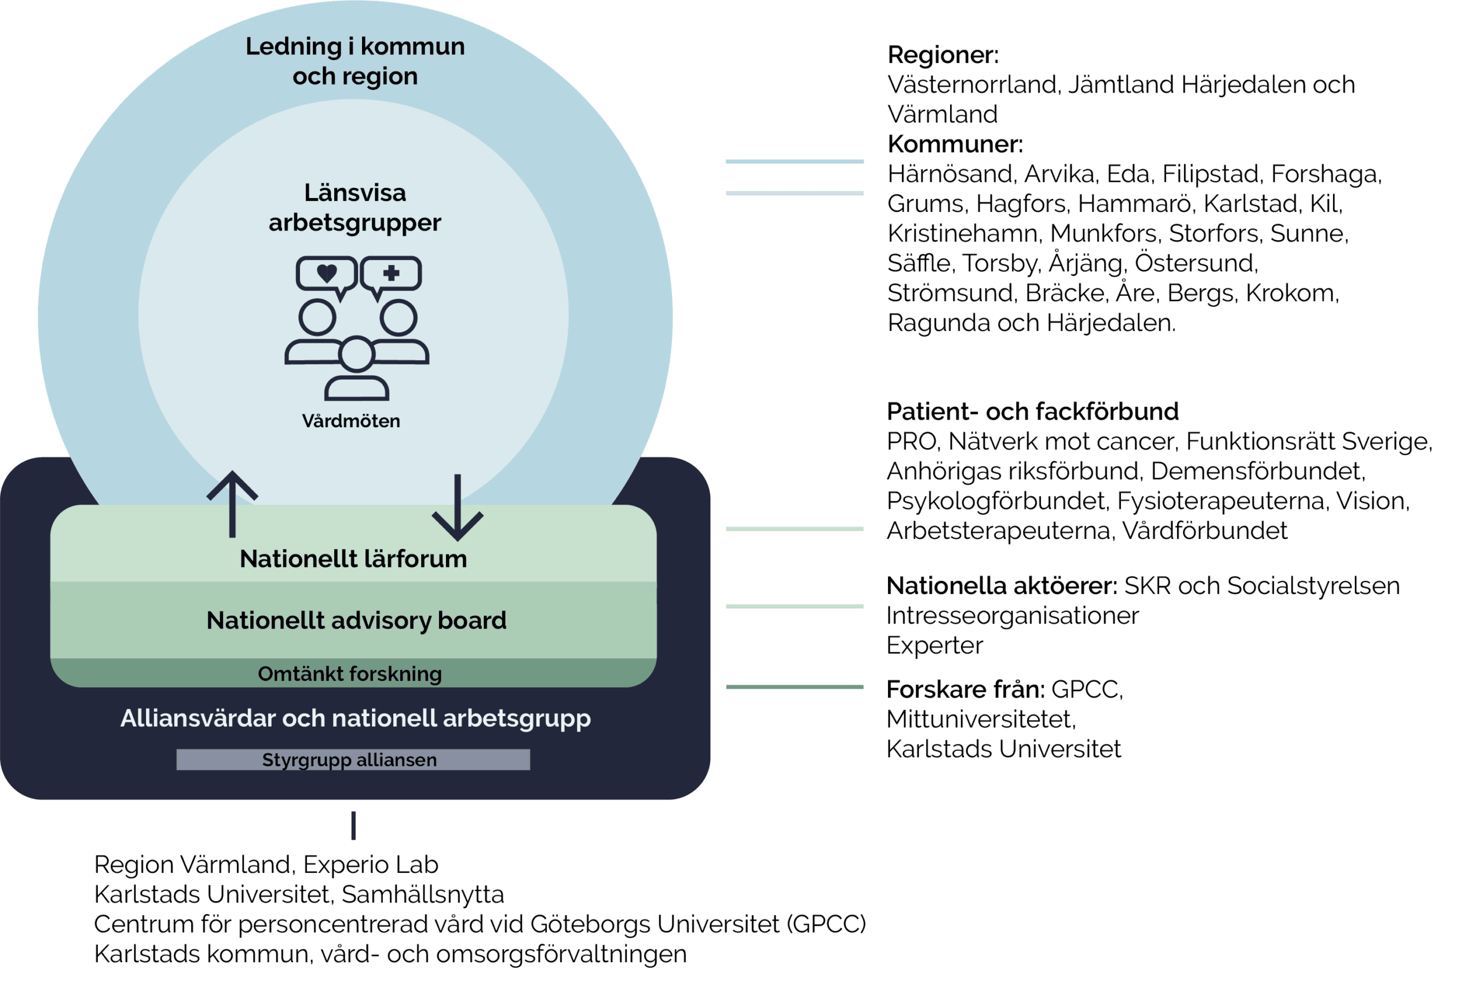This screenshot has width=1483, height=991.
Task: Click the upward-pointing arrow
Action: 232,503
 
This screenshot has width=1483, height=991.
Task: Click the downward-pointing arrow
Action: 457,508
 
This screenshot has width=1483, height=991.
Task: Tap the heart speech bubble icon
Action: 326,275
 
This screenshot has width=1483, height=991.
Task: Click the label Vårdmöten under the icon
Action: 351,421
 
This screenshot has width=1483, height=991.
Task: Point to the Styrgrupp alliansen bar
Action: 353,759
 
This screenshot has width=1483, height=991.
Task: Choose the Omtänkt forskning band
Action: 350,674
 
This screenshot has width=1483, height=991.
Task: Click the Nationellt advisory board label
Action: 356,621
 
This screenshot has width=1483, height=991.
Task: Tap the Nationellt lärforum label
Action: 353,559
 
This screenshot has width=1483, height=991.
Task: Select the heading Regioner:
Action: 943,55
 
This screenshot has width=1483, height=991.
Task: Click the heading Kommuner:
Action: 955,145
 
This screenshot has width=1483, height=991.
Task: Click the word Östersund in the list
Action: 1196,263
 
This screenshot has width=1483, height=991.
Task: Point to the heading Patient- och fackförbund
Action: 1032,412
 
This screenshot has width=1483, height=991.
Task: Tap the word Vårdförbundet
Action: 1205,531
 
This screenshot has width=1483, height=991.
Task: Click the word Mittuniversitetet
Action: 981,720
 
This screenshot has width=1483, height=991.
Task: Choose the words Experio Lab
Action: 370,865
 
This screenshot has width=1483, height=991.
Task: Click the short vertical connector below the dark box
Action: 353,825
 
